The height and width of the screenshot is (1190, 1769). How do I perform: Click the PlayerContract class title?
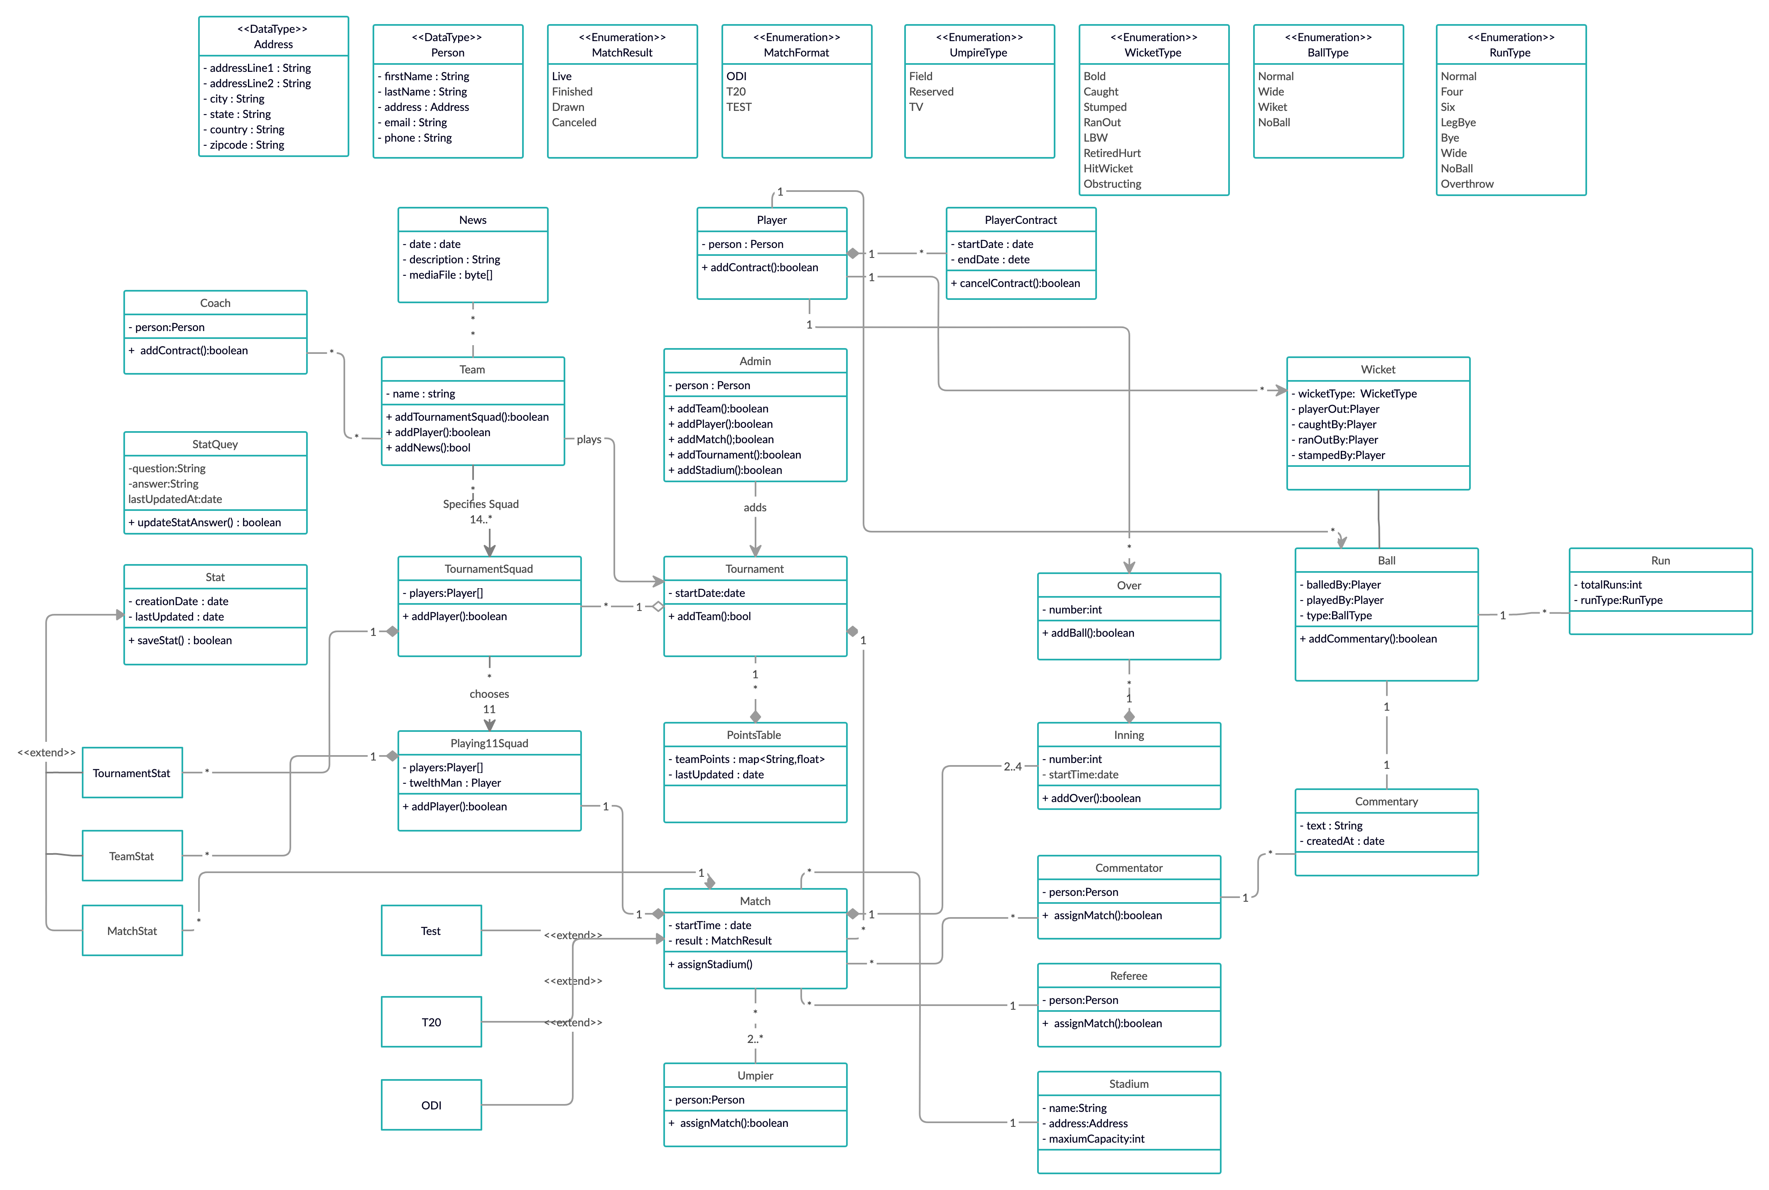click(1020, 220)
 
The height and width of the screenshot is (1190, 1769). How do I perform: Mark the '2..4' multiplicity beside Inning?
click(1012, 766)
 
